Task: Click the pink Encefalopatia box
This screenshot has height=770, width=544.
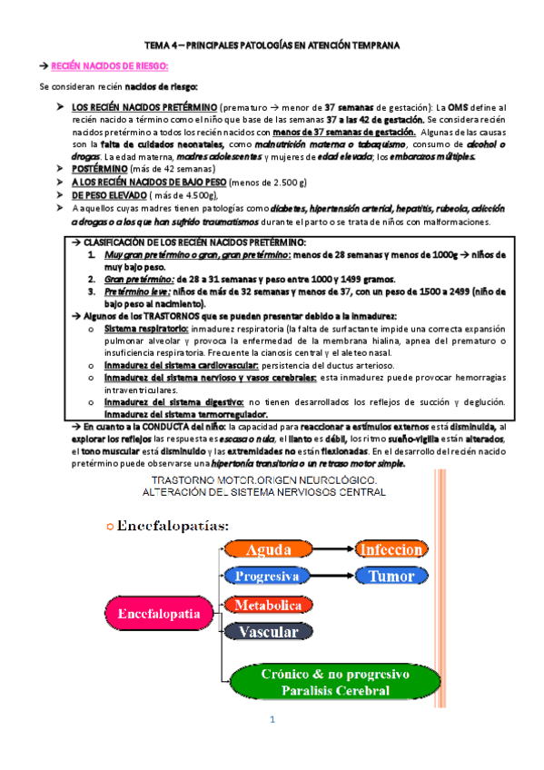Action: click(158, 615)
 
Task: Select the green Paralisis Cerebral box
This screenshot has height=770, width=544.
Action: click(313, 682)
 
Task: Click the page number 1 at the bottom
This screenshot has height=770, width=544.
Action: click(271, 721)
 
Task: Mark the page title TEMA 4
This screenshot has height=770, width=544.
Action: click(271, 44)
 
